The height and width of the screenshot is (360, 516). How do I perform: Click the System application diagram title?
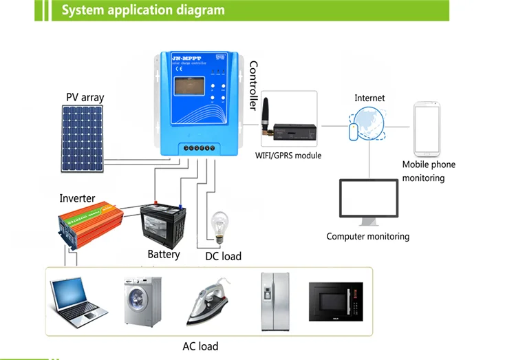point(143,10)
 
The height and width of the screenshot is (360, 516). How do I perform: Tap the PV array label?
point(85,97)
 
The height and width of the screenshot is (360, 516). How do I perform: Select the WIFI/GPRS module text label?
point(288,156)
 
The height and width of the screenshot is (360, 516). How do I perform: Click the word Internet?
point(369,98)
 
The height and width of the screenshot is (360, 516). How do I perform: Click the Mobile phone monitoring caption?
point(429,171)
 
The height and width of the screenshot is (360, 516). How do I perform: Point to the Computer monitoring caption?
point(367,236)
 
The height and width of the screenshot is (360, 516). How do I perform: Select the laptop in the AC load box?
point(78,301)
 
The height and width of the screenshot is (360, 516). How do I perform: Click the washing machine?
point(142,301)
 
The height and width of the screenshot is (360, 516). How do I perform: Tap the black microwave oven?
point(335,301)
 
